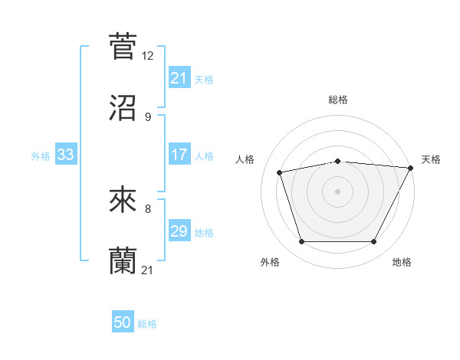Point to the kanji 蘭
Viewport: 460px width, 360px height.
[x=123, y=260]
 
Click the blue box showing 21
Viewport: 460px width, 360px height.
[x=179, y=78]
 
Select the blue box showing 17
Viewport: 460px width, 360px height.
[x=179, y=155]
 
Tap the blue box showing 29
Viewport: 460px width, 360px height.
[x=179, y=231]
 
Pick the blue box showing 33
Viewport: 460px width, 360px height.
[x=66, y=155]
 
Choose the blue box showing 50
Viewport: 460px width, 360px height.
[x=123, y=323]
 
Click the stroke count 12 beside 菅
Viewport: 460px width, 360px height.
[x=148, y=56]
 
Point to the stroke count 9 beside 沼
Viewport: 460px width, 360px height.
[x=147, y=117]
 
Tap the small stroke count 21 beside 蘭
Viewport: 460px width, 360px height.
[x=148, y=270]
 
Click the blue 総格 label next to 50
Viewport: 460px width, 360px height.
[x=147, y=324]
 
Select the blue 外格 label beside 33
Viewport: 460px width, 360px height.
[x=41, y=155]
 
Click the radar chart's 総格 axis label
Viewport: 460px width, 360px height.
[x=338, y=100]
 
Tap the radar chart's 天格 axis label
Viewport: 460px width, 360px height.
[x=431, y=159]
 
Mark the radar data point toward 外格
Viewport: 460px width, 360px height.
[x=301, y=242]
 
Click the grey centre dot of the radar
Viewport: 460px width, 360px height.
[x=337, y=191]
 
